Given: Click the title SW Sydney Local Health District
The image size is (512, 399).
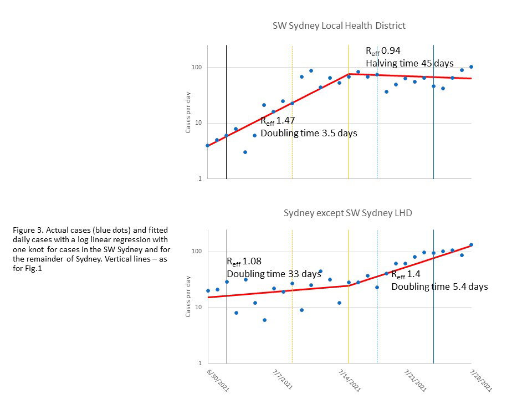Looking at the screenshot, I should coord(339,25).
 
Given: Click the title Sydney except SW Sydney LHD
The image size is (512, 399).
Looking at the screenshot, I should coord(347,213).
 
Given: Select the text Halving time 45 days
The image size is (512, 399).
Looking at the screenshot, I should coord(409,63).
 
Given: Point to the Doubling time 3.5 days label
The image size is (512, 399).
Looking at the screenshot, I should coord(309,133).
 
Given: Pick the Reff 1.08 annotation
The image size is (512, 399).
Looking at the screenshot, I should coord(244,262).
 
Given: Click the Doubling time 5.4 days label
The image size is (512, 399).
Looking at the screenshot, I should coord(439,287).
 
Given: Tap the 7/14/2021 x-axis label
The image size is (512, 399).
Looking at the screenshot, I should coord(349,380).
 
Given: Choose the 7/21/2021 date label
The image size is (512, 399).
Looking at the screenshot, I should coord(415,380).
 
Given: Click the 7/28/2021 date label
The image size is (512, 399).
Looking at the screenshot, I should coord(481,380).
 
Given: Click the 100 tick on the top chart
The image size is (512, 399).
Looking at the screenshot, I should coord(196,68).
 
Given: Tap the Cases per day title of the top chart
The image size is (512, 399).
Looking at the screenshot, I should coord(188,112).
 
